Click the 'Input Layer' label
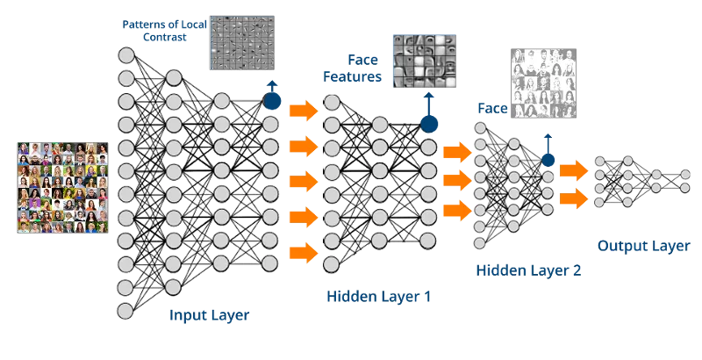tap(209, 315)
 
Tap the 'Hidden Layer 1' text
tap(379, 297)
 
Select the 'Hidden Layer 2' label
tap(528, 270)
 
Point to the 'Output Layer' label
tap(644, 246)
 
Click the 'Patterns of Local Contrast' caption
tap(164, 31)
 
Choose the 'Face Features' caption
tap(353, 68)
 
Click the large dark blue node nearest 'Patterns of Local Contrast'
tap(272, 101)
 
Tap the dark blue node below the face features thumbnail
tap(429, 124)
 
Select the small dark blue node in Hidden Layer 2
tap(548, 160)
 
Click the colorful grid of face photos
tap(62, 188)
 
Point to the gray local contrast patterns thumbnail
tap(242, 43)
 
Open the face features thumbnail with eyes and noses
tap(425, 61)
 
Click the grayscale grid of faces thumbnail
tap(543, 83)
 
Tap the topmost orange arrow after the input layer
tap(304, 110)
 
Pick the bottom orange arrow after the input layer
tap(304, 253)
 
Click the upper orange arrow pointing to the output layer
tap(574, 170)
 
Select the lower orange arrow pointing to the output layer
tap(574, 198)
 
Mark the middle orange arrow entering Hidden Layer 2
tap(457, 181)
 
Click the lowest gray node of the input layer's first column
tap(125, 310)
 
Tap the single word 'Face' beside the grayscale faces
tap(492, 108)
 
